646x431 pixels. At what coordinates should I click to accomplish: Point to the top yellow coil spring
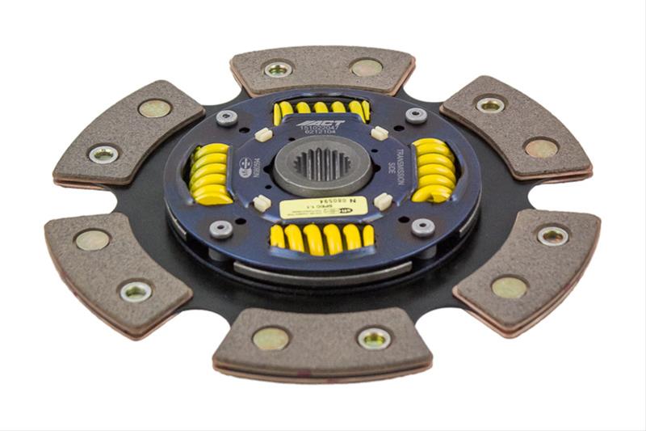pos(321,108)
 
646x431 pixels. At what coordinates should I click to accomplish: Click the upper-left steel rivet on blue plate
pos(227,116)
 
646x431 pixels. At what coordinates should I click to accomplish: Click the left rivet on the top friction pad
pos(279,70)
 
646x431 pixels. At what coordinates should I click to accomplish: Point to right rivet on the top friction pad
pos(367,67)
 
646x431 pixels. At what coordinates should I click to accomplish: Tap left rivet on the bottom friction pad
pos(271,338)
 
